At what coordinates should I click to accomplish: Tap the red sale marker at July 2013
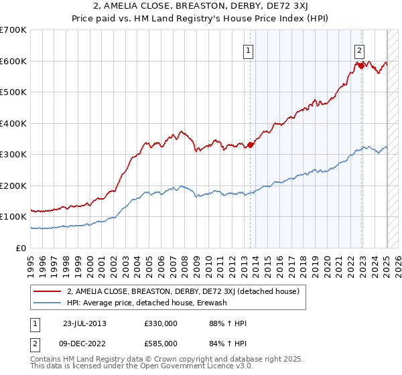[x=251, y=145]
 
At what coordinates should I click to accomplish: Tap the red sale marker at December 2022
[x=362, y=66]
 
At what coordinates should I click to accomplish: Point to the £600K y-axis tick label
[x=13, y=61]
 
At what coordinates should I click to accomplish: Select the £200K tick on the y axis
[x=13, y=185]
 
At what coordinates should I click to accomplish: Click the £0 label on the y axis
[x=22, y=248]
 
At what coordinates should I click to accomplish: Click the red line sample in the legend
[x=46, y=291]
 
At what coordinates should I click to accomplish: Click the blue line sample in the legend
[x=46, y=303]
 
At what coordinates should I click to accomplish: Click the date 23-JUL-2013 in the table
[x=84, y=323]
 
